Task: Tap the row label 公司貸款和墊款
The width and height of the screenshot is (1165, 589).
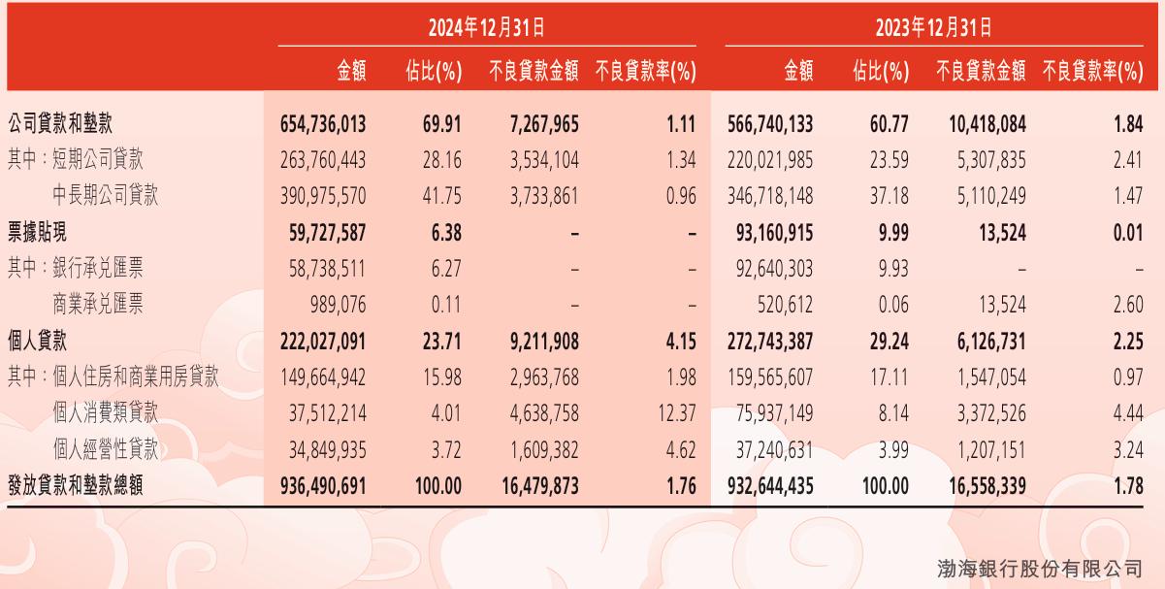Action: coord(67,125)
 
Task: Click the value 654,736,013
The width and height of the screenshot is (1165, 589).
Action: coord(322,125)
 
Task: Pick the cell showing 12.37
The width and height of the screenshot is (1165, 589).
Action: coord(676,412)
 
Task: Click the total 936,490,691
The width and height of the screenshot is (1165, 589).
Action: coord(322,484)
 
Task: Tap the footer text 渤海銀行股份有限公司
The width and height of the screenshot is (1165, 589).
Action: coord(1039,568)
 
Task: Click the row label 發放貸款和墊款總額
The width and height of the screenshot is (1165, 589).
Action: coord(75,484)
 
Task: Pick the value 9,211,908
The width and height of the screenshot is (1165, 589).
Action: coord(537,341)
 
